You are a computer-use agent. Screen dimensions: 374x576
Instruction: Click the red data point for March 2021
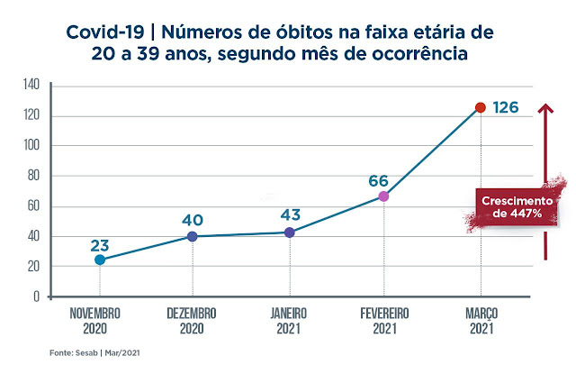(x=481, y=107)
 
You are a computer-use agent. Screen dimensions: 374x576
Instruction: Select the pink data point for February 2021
(x=384, y=196)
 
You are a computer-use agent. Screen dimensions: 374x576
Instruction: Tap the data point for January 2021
(x=289, y=232)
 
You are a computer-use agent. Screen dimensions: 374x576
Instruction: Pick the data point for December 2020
(x=193, y=236)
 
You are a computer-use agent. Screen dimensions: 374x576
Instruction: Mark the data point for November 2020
(x=99, y=260)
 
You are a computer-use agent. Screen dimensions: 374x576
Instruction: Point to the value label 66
(x=378, y=180)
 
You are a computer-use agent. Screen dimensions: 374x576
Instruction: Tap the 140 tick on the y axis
(x=31, y=85)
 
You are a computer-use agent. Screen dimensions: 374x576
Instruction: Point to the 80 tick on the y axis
(x=34, y=176)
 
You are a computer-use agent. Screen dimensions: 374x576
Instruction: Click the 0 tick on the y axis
(x=37, y=296)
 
